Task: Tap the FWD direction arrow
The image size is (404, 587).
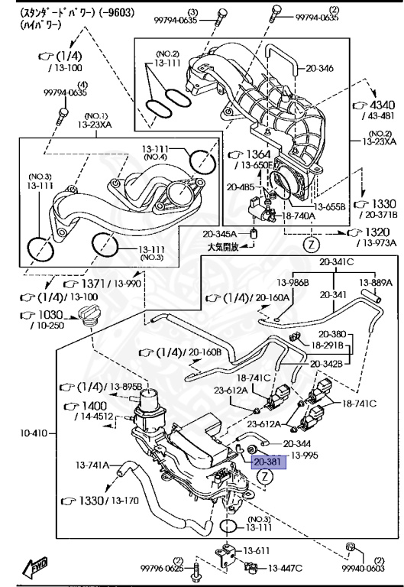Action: pos(35,566)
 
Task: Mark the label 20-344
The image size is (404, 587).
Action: pos(297,443)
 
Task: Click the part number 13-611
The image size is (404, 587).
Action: pos(257,550)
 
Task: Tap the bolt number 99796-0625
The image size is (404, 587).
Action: pos(162,568)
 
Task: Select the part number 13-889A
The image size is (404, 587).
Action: pos(376,282)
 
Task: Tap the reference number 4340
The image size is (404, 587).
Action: pos(382,105)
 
